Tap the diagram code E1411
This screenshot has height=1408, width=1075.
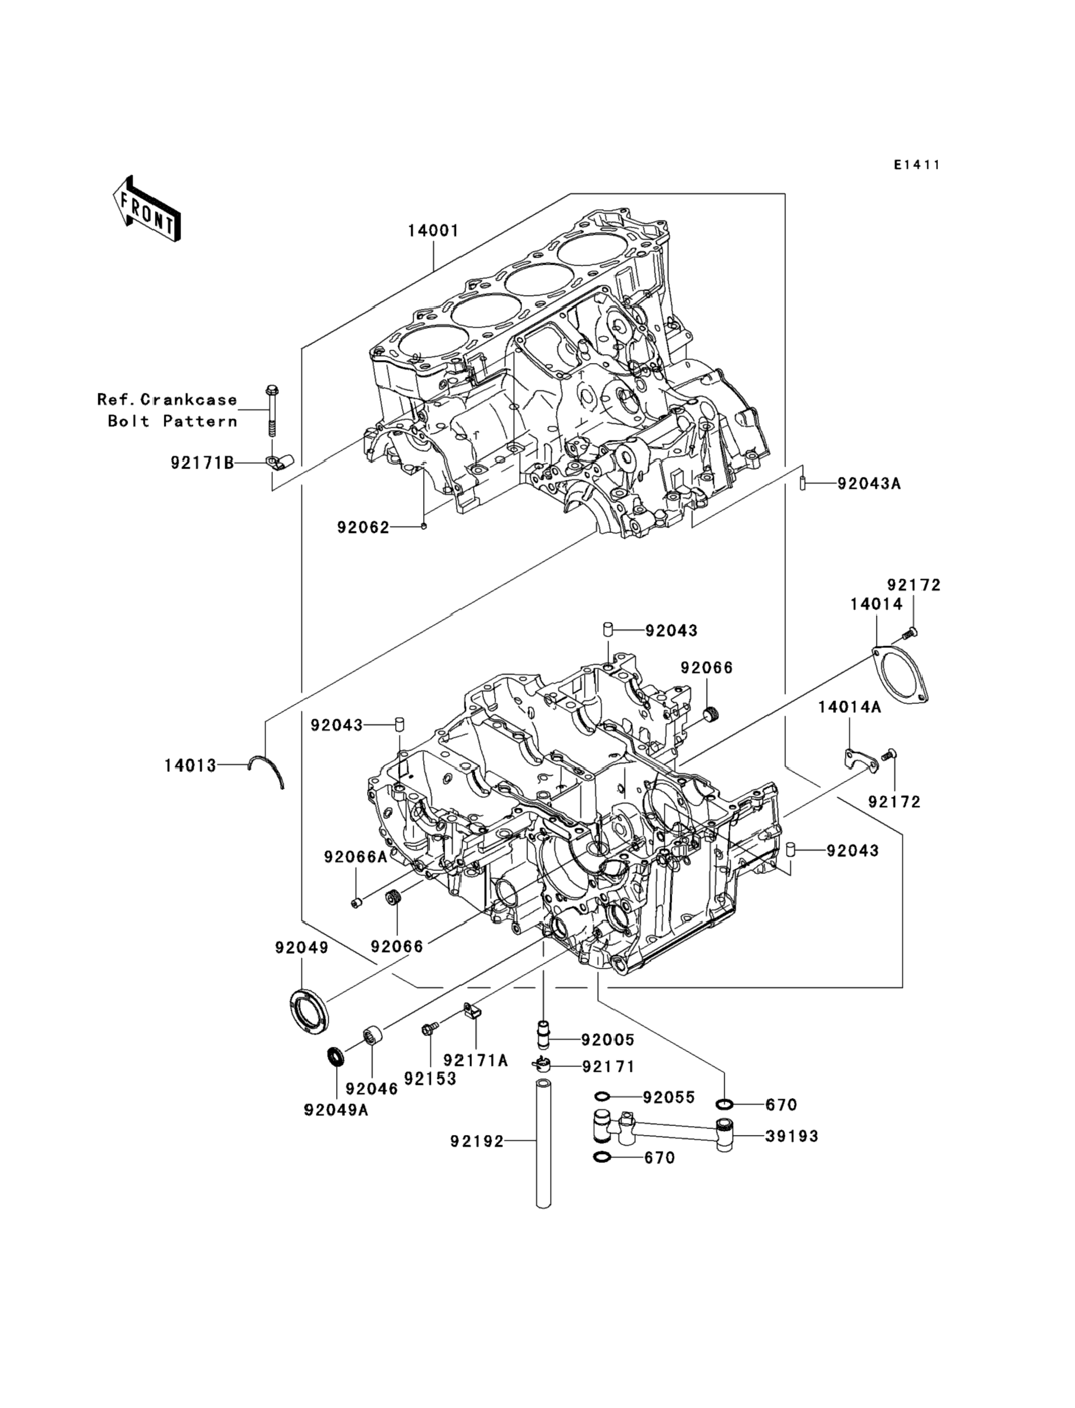tap(917, 165)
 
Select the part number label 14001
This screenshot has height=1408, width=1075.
tap(434, 231)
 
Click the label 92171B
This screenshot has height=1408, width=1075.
tap(202, 462)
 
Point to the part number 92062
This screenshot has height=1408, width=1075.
tap(363, 528)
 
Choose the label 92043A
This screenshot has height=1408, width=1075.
tap(869, 483)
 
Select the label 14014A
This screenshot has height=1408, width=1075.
tap(849, 707)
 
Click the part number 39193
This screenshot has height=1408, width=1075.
tap(792, 1136)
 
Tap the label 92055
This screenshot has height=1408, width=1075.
tap(669, 1097)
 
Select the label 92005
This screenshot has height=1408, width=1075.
tap(607, 1040)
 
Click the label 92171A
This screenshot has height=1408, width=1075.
tap(476, 1060)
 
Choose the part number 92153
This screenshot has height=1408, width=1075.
tap(430, 1078)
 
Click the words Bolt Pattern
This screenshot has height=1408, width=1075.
tap(173, 421)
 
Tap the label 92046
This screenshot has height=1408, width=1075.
tap(372, 1088)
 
